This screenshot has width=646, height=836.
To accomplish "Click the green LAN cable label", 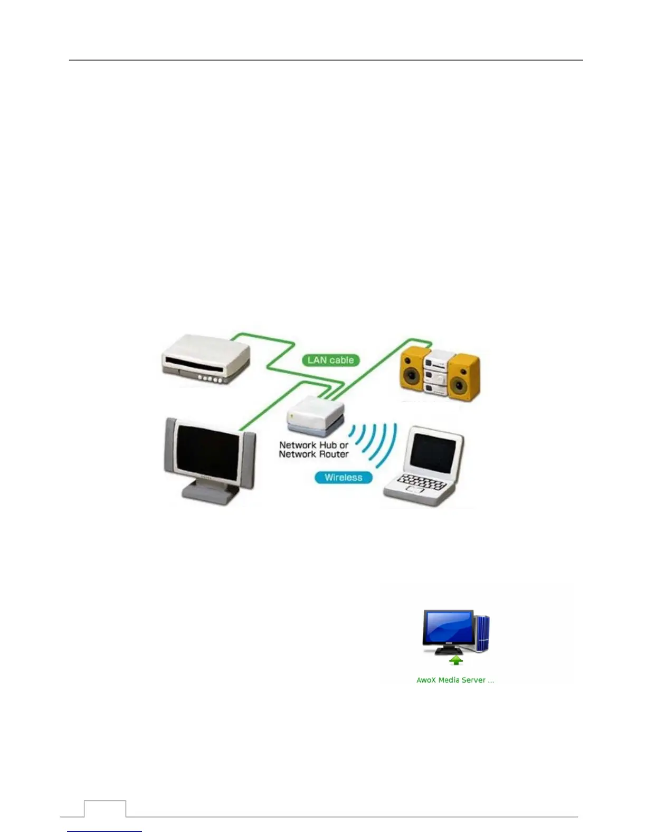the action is pos(330,360).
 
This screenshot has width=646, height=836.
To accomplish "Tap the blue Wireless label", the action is pos(343,478).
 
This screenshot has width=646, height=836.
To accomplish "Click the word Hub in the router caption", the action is pos(328,445).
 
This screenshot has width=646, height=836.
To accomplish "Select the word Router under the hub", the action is pos(328,454).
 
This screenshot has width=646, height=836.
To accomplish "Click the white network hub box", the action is pos(315,415).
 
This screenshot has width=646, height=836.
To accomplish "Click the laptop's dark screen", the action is pos(433,453).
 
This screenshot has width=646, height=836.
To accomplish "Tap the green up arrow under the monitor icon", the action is pos(456,660).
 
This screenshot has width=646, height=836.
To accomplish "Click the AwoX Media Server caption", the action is pos(455,680).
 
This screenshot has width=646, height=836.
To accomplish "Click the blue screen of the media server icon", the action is pos(448,627).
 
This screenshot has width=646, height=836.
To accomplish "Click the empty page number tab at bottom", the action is pos(105,809).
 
